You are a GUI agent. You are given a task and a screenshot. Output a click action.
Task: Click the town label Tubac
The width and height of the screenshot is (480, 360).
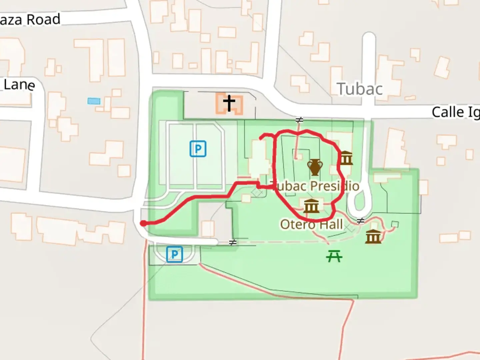click(360, 89)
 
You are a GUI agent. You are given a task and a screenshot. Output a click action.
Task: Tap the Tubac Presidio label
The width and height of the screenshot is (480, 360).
click(315, 186)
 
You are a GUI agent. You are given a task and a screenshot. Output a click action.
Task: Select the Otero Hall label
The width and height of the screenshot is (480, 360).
click(311, 224)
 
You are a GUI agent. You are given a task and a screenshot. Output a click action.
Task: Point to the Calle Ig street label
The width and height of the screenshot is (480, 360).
click(455, 112)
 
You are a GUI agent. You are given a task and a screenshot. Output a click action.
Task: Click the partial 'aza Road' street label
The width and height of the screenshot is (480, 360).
click(30, 20)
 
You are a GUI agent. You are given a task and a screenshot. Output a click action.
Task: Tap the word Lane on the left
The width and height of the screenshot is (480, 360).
click(19, 85)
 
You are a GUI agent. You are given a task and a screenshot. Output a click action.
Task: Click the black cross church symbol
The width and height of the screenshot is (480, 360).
click(229, 103)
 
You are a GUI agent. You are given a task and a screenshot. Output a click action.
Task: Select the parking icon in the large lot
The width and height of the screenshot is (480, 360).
click(198, 149)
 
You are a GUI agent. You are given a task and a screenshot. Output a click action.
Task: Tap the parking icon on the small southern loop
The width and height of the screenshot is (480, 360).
click(174, 254)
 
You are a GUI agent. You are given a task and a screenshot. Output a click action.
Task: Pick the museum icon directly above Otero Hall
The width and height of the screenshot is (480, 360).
click(311, 206)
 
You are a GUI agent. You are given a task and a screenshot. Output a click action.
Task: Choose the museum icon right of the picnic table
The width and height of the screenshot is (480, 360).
click(373, 236)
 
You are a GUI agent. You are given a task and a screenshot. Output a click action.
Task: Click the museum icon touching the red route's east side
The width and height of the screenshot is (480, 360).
click(346, 158)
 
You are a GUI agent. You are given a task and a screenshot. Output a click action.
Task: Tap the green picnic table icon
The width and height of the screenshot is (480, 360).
click(334, 256)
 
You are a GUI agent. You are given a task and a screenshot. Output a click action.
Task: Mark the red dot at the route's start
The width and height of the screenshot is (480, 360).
click(143, 223)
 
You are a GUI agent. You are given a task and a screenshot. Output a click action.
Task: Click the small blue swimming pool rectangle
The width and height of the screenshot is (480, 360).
click(94, 101)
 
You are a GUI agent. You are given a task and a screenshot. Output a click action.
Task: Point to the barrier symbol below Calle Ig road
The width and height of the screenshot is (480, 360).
click(299, 120)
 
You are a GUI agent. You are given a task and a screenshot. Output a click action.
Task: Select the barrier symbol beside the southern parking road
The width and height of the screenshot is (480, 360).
click(233, 243)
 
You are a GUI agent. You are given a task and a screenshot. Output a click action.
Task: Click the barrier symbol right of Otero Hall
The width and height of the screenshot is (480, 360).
click(360, 221)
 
